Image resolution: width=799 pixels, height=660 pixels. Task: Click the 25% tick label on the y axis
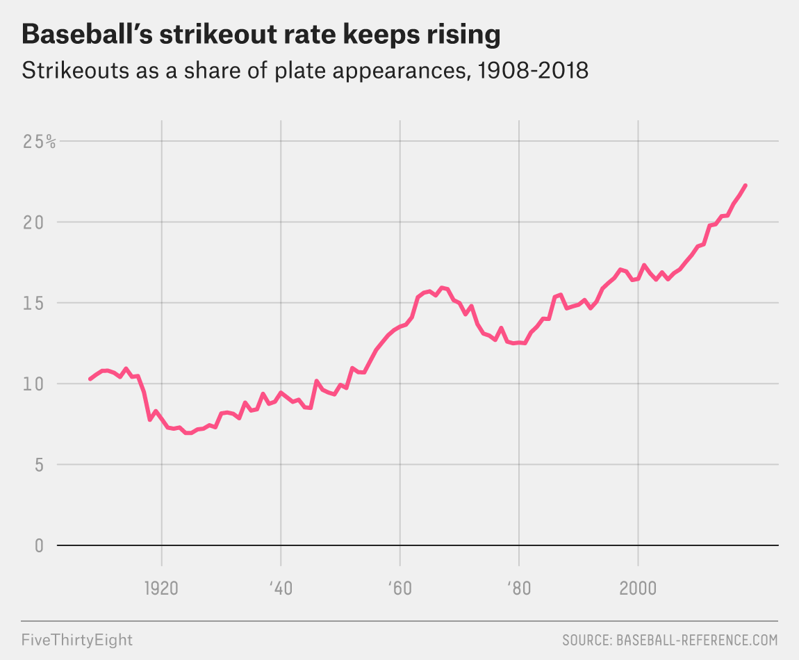pos(39,142)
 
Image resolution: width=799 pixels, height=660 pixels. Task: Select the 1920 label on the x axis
pos(161,588)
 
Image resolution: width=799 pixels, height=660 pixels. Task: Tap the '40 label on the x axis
pos(281,588)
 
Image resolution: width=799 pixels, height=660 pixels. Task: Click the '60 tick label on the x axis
pos(400,588)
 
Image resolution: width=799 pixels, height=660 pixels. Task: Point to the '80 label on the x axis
pos(519,588)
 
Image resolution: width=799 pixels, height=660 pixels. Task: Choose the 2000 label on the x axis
pos(638,588)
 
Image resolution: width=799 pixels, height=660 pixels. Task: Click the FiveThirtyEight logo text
pos(76,639)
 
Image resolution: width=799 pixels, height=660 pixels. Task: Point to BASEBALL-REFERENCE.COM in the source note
pos(697,639)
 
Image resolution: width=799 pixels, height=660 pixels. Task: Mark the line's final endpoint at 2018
pos(746,185)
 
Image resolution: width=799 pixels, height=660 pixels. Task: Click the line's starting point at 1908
pos(90,379)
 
